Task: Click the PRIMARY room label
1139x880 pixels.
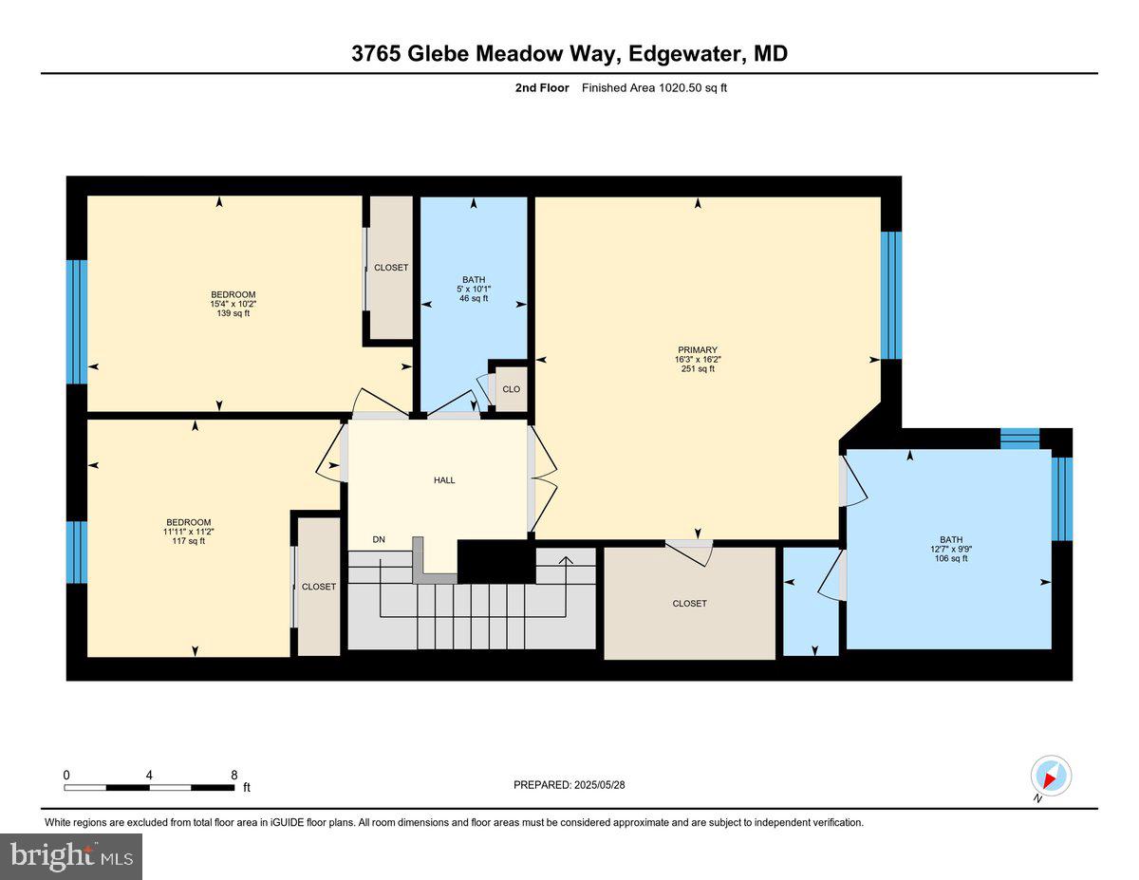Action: tap(697, 349)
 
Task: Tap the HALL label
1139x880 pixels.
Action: tap(444, 480)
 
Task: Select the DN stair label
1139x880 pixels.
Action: tap(379, 540)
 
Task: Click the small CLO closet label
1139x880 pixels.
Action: tap(511, 389)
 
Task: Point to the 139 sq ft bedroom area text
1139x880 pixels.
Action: tap(233, 313)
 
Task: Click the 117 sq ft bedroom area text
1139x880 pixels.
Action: tap(189, 541)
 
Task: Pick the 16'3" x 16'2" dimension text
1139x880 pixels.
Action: tap(697, 359)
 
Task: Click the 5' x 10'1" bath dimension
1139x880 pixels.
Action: tap(473, 289)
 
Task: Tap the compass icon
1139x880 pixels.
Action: tap(1051, 776)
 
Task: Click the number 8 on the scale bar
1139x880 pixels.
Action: tap(233, 775)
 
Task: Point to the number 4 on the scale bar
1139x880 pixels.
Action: tap(149, 775)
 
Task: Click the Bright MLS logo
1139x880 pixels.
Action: tap(71, 856)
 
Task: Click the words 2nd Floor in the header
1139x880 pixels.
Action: tap(542, 88)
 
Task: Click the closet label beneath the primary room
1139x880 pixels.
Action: tap(689, 604)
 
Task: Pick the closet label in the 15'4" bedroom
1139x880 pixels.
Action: tap(391, 268)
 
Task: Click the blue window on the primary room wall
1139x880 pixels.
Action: tap(890, 295)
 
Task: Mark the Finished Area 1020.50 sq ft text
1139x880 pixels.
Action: tap(654, 88)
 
